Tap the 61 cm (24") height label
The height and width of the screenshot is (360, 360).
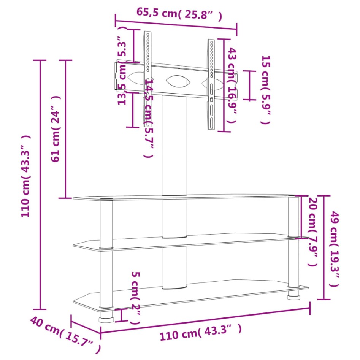[56, 129]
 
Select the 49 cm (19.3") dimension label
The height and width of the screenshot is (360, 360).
[334, 249]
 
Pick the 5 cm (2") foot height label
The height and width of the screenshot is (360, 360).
[136, 297]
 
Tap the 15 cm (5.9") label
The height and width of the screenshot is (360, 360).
[265, 90]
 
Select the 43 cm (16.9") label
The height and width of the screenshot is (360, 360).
[232, 85]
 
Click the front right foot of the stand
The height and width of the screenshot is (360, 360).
[293, 294]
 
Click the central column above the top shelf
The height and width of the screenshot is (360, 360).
[174, 148]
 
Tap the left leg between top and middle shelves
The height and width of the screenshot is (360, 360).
[106, 224]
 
